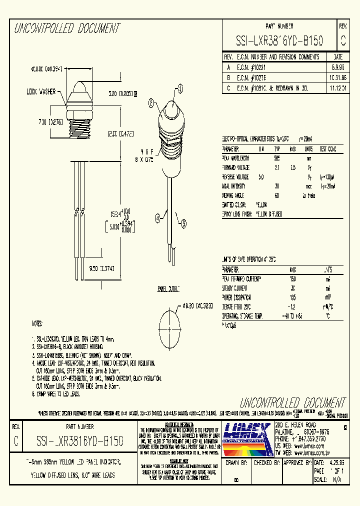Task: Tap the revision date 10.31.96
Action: [x=337, y=77]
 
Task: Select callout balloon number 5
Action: [x=183, y=224]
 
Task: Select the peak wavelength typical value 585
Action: [x=276, y=157]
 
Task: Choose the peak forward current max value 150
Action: [x=293, y=278]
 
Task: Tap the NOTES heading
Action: [x=38, y=323]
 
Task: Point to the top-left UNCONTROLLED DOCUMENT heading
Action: [x=67, y=28]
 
